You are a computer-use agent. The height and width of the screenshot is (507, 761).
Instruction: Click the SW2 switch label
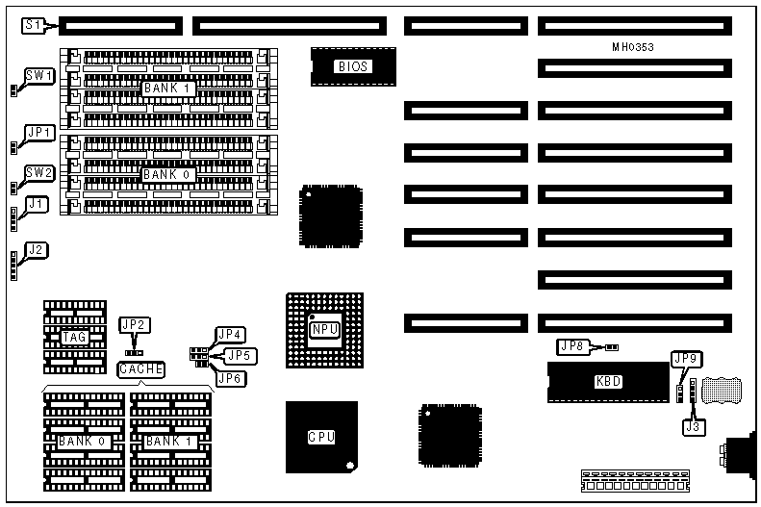click(39, 173)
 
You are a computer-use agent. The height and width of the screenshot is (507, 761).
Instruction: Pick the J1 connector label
click(37, 204)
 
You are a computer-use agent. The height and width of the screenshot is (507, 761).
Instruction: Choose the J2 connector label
click(37, 251)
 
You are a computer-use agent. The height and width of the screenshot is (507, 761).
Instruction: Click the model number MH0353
click(633, 46)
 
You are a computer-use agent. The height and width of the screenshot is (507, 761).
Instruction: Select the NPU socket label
click(323, 330)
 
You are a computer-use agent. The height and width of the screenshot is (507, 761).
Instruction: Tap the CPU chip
click(321, 437)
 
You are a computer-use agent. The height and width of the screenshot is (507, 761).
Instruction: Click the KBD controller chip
click(608, 381)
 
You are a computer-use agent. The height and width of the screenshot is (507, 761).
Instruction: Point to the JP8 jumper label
click(572, 345)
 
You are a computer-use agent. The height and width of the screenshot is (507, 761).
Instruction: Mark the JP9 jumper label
click(687, 360)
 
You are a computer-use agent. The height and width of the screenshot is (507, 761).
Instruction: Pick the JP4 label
click(231, 335)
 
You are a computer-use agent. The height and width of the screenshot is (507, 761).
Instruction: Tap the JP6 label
click(231, 378)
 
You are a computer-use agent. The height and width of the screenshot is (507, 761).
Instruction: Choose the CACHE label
click(141, 368)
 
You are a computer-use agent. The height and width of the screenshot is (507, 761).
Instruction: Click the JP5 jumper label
click(241, 356)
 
